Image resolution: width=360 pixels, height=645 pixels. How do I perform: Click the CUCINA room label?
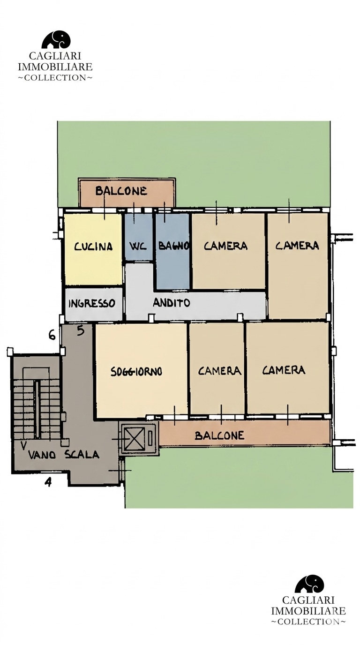(x=93, y=247)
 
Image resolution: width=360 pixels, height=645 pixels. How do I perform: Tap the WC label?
(x=138, y=247)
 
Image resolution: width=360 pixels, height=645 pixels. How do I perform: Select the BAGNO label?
(x=173, y=246)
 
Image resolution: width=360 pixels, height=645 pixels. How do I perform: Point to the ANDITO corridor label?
(x=172, y=303)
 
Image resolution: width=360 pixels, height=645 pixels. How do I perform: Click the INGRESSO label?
(x=91, y=303)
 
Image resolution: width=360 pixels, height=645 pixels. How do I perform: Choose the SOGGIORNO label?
(x=136, y=371)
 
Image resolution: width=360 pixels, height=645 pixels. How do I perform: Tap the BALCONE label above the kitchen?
(x=121, y=191)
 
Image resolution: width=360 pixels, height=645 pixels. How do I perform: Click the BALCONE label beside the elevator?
(x=219, y=435)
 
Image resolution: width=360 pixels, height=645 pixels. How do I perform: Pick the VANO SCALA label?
(x=64, y=455)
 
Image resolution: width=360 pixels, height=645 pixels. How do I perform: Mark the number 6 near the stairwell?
(x=52, y=335)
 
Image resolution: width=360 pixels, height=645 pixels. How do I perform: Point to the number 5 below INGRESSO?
(x=81, y=331)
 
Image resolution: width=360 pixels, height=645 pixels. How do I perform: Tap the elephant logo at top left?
(x=56, y=39)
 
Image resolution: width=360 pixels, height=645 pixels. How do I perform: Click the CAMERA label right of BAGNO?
(x=225, y=246)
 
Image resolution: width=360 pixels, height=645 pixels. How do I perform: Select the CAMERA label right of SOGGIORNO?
(x=219, y=371)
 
